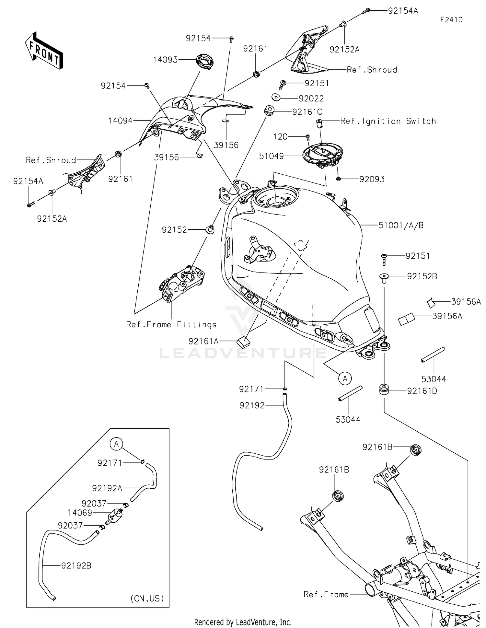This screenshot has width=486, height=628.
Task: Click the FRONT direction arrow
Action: pyautogui.click(x=44, y=51)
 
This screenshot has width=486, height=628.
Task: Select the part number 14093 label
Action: pyautogui.click(x=165, y=60)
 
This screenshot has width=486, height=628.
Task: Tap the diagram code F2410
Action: pyautogui.click(x=451, y=20)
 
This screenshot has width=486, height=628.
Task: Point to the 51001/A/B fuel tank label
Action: pyautogui.click(x=401, y=225)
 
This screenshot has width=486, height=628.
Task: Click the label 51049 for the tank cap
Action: pyautogui.click(x=272, y=156)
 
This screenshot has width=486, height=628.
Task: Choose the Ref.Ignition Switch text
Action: pyautogui.click(x=388, y=121)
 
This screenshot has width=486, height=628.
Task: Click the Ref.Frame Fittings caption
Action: pyautogui.click(x=171, y=324)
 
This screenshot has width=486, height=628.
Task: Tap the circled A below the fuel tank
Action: pyautogui.click(x=345, y=378)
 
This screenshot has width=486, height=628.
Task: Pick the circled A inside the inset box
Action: pyautogui.click(x=116, y=444)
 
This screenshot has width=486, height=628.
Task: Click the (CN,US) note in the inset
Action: pyautogui.click(x=147, y=598)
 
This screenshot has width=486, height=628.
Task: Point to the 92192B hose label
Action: pyautogui.click(x=76, y=566)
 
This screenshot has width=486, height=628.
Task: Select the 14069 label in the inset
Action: pyautogui.click(x=80, y=513)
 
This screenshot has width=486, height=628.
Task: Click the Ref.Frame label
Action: pyautogui.click(x=326, y=594)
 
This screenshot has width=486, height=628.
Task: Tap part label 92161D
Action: pyautogui.click(x=422, y=391)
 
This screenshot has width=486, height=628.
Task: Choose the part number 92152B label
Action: pyautogui.click(x=422, y=276)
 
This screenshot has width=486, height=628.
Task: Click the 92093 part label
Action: pyautogui.click(x=372, y=179)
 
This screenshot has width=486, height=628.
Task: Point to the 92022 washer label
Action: pyautogui.click(x=311, y=99)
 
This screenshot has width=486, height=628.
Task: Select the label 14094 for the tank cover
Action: pyautogui.click(x=120, y=121)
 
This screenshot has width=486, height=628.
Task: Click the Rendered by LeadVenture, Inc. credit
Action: pyautogui.click(x=243, y=622)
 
